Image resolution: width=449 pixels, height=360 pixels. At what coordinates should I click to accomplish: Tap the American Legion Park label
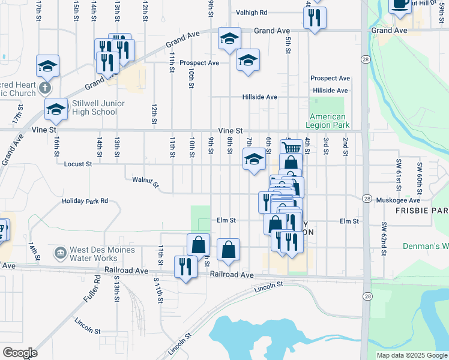[x=328, y=121]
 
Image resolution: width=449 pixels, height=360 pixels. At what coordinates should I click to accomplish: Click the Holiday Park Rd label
[x=85, y=201]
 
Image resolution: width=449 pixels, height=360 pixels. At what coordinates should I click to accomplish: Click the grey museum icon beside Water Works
[x=60, y=253]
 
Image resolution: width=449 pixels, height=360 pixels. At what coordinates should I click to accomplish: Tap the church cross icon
[x=44, y=89]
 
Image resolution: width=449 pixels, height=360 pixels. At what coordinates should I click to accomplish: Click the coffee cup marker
[x=400, y=4]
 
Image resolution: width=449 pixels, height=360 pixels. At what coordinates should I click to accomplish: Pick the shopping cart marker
[x=291, y=148]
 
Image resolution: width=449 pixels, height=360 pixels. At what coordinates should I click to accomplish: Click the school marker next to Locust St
[x=254, y=160]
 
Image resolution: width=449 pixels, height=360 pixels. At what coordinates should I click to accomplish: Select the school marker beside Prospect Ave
[x=248, y=61]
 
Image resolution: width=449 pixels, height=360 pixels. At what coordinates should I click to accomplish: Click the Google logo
[x=19, y=353]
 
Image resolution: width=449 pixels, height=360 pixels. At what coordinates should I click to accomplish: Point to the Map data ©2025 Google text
[x=411, y=355]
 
